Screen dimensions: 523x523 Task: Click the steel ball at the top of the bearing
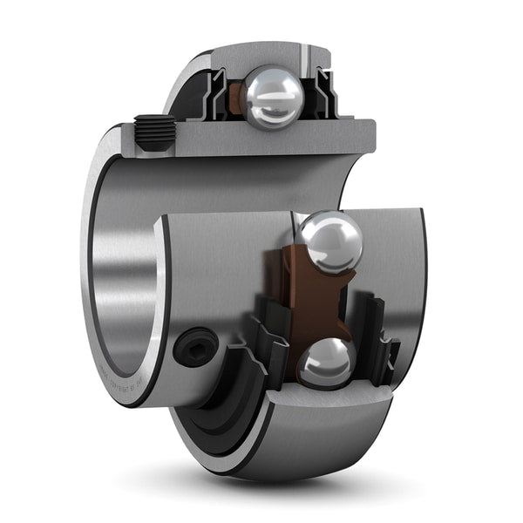coord(271,98)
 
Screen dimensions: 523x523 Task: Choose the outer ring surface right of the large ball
coord(397,261)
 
